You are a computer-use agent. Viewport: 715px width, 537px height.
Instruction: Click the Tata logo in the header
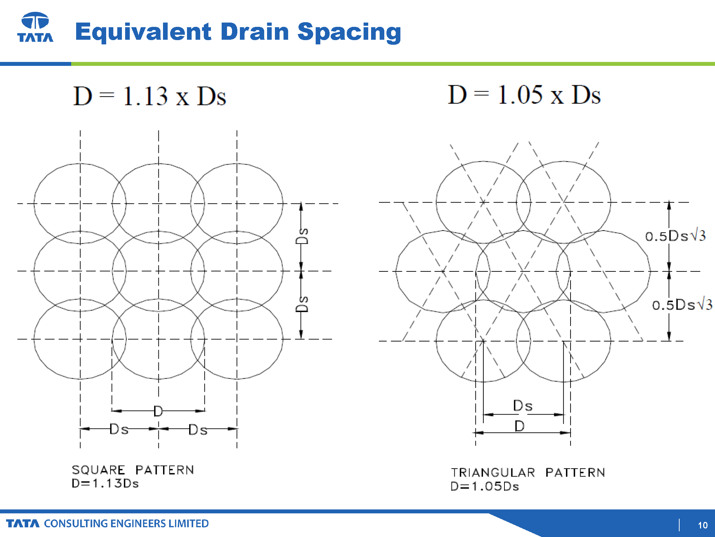click(x=35, y=27)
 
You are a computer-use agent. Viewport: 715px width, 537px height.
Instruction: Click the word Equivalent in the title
click(x=143, y=32)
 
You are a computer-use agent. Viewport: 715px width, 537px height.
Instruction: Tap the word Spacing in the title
click(x=349, y=32)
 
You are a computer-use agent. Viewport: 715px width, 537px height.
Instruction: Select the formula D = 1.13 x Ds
click(x=150, y=96)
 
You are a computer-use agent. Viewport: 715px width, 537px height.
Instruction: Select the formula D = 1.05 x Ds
click(x=524, y=95)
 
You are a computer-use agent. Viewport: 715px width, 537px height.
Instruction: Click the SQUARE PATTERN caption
click(x=133, y=470)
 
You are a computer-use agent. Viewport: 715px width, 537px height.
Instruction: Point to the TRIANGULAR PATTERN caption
click(x=528, y=473)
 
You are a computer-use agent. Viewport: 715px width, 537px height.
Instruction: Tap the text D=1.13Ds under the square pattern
click(x=105, y=483)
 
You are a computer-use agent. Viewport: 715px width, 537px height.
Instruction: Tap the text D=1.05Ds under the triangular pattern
click(x=485, y=486)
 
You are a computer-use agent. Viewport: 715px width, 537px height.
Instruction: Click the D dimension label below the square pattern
click(x=158, y=411)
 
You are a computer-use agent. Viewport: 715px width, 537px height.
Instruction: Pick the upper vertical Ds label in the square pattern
click(x=302, y=236)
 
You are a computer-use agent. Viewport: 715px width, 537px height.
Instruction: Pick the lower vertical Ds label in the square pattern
click(x=302, y=304)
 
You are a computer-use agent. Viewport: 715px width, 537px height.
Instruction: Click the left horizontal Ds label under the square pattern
click(x=119, y=429)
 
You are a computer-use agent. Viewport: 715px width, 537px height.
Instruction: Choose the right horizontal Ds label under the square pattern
click(x=198, y=430)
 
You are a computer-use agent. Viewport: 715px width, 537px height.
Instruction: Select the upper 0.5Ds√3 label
click(x=675, y=236)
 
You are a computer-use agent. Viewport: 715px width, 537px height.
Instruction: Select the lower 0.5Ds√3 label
click(x=682, y=305)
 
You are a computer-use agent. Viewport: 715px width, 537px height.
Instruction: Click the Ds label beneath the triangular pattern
click(x=523, y=406)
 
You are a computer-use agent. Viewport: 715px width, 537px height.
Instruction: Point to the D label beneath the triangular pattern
click(x=519, y=426)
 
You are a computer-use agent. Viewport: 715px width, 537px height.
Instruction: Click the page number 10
click(x=702, y=525)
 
